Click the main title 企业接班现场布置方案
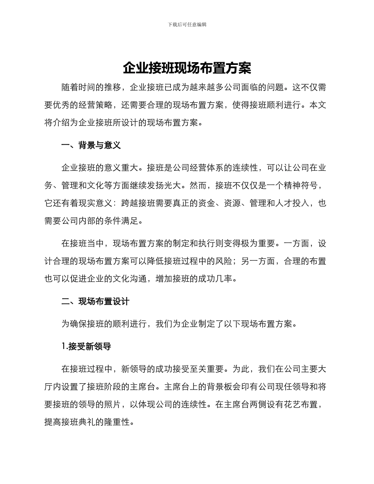187,68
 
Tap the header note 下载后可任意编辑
187,24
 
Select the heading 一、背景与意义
91,145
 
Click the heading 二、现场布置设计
95,302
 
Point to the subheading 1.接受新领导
86,347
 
